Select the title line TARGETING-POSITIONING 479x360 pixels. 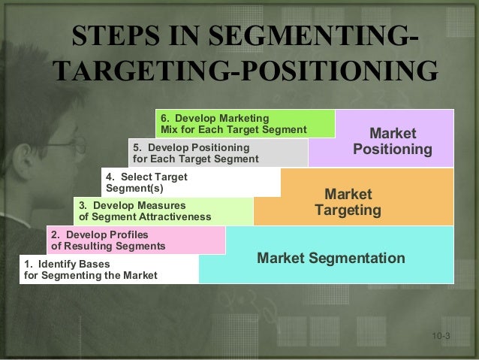pos(246,73)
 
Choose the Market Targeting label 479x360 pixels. pos(348,202)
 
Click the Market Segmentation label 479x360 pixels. pos(330,259)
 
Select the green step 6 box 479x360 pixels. pos(246,124)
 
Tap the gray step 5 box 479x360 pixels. pos(218,153)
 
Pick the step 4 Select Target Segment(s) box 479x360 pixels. pos(191,182)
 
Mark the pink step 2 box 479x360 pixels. pos(136,240)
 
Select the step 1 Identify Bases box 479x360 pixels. pos(110,269)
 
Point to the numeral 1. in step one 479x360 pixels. pos(29,264)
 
